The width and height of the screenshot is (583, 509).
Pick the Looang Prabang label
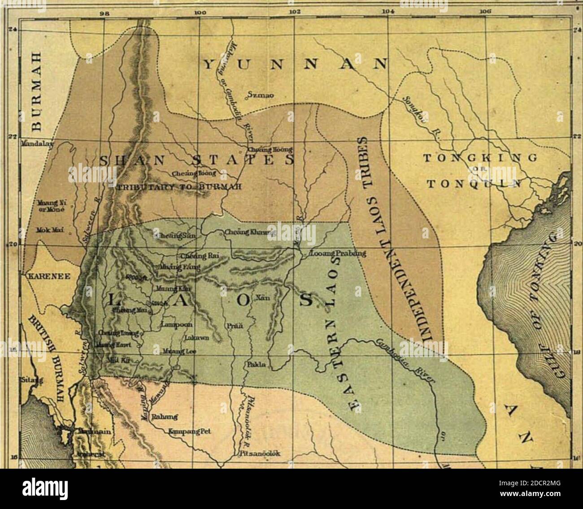tap(338, 254)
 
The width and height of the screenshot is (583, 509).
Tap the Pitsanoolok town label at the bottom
tap(261, 453)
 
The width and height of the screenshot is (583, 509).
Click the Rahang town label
tap(165, 416)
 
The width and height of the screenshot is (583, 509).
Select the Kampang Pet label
tap(189, 432)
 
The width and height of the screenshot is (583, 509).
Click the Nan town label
tap(262, 298)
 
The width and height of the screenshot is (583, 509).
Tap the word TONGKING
tap(480, 158)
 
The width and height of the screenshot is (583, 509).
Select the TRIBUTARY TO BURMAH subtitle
tap(178, 187)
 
